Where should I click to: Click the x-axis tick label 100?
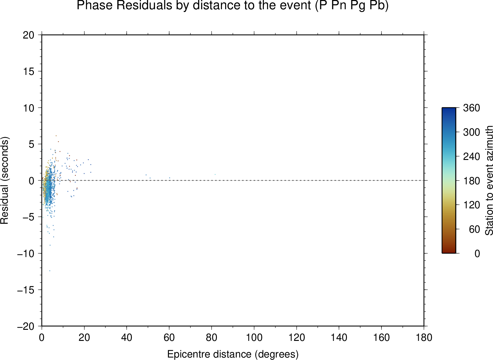(254, 337)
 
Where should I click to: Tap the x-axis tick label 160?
(381, 337)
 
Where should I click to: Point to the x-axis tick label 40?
(127, 337)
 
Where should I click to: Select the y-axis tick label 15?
(29, 71)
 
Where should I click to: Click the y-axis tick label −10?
(26, 254)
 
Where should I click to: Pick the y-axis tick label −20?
(26, 326)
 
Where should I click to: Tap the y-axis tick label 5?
(31, 144)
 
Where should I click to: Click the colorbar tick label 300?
(471, 132)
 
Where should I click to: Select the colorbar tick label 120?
(471, 205)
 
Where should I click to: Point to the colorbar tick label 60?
(474, 229)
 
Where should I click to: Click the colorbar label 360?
(471, 108)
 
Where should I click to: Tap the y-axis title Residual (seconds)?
(4, 180)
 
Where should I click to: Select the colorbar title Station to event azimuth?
(489, 181)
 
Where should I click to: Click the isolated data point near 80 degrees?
(215, 174)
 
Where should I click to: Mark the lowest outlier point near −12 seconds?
(50, 271)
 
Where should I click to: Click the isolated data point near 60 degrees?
(170, 178)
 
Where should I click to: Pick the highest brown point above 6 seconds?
(56, 136)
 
